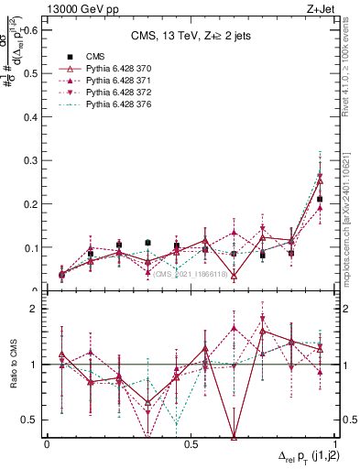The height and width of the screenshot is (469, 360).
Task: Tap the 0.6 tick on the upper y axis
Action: (31, 29)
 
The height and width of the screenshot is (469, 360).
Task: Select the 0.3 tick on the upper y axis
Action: (31, 160)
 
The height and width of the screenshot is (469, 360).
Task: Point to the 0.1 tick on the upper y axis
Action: (31, 247)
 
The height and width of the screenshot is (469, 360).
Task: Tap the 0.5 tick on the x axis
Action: (191, 443)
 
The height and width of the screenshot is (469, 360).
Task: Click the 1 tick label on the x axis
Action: (334, 443)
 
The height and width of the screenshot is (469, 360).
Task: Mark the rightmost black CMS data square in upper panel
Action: (320, 199)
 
